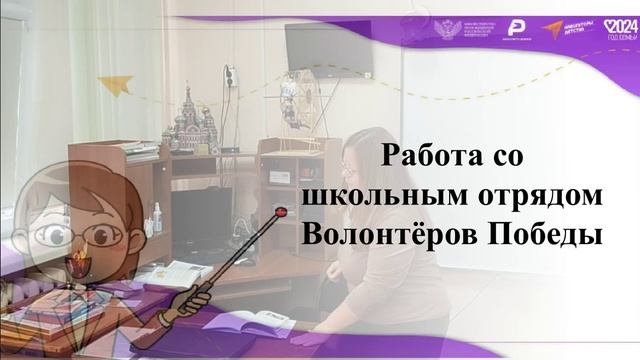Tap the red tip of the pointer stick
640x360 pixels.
point(281,212)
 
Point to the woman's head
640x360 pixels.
point(362,155)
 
